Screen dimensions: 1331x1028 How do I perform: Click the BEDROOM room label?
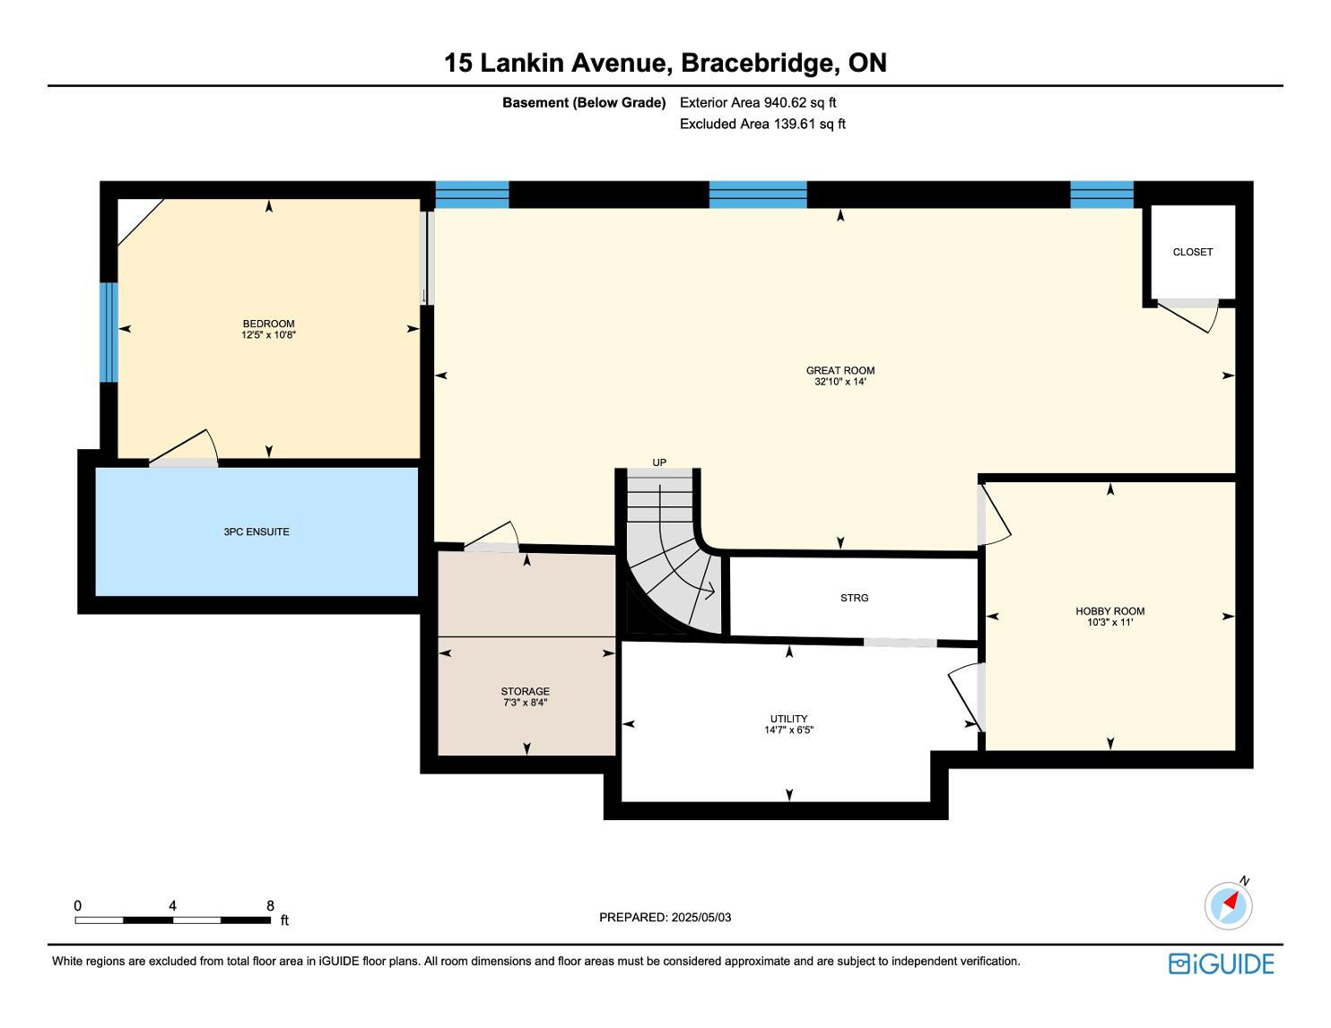[x=268, y=324]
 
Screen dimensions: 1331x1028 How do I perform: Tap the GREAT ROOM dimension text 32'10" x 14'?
[x=839, y=382]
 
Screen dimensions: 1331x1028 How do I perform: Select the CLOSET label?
[x=1192, y=252]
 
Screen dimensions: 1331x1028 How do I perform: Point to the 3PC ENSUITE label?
[x=256, y=531]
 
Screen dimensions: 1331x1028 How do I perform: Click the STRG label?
[x=854, y=598]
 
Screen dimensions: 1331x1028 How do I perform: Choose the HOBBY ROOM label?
[x=1109, y=611]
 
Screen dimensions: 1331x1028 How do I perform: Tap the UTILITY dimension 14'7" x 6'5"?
[x=788, y=730]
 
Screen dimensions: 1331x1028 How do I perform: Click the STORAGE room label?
[x=525, y=691]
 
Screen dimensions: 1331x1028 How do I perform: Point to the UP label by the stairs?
[x=659, y=462]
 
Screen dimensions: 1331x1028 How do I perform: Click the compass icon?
[x=1228, y=905]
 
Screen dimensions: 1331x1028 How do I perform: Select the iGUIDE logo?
[x=1222, y=963]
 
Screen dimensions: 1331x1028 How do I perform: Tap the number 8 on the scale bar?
[x=270, y=905]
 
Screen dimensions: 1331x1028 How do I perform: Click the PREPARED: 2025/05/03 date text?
[x=665, y=917]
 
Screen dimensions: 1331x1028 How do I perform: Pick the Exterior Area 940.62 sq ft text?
[x=758, y=103]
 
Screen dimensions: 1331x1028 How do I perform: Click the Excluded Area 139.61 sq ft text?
[x=762, y=125]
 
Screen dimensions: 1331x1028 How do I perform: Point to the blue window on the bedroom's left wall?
[x=109, y=333]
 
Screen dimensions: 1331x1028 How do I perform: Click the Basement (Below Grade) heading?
[x=584, y=103]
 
